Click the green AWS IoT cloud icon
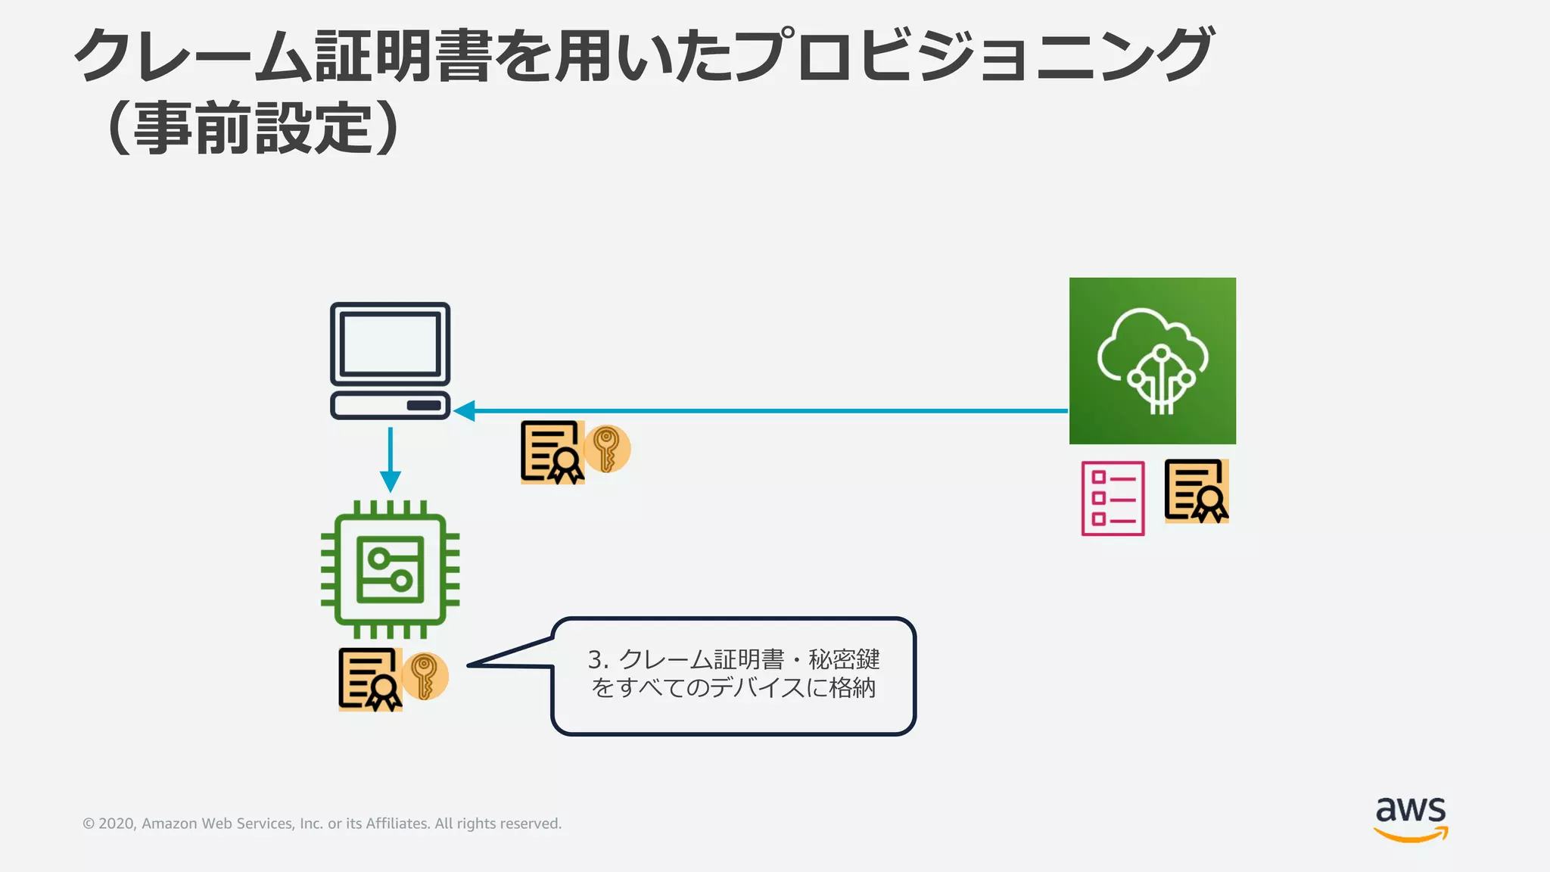pos(1152,360)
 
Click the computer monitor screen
pos(390,344)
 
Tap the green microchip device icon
pos(390,569)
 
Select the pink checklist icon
pos(1112,498)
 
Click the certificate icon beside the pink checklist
pos(1196,490)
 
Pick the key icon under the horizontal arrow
pos(606,448)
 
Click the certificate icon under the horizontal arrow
pos(552,452)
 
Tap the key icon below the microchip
pos(425,676)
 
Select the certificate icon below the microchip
pos(369,679)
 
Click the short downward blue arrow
pos(390,459)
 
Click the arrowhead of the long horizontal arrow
pos(463,411)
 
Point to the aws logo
pos(1410,818)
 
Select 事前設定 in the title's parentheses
pos(254,129)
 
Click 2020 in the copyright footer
pos(116,824)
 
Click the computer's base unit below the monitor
pos(390,405)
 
